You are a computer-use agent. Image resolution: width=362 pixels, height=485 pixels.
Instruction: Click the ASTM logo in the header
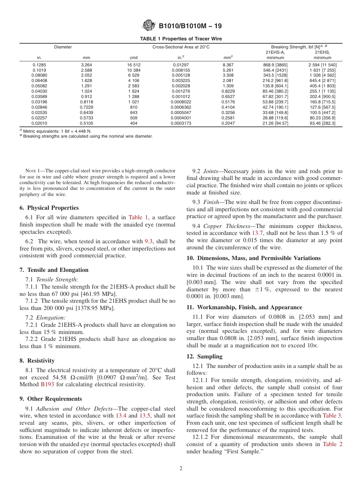point(149,26)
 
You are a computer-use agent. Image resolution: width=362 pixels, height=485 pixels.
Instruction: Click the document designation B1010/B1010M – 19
point(190,26)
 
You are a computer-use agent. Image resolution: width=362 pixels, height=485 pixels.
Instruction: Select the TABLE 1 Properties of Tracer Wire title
point(181,39)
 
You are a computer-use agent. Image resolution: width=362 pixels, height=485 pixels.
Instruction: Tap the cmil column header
point(134,58)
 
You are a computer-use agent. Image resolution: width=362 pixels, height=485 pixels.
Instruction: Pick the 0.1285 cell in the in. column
point(39,65)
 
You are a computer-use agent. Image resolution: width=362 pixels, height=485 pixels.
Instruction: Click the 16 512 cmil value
point(134,65)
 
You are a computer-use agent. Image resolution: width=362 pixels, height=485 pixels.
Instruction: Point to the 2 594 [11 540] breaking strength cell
point(322,65)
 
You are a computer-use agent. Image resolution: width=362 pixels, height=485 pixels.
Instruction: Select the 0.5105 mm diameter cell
point(86,124)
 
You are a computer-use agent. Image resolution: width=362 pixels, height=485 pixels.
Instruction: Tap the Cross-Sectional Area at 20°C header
point(181,47)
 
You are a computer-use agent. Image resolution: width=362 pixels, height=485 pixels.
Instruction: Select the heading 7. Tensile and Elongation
point(54,270)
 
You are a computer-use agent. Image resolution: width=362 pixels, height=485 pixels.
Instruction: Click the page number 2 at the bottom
point(181,469)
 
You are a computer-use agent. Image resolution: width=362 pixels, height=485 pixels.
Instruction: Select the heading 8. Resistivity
point(37,361)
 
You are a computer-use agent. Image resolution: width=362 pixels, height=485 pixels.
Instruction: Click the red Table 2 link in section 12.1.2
point(332,444)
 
